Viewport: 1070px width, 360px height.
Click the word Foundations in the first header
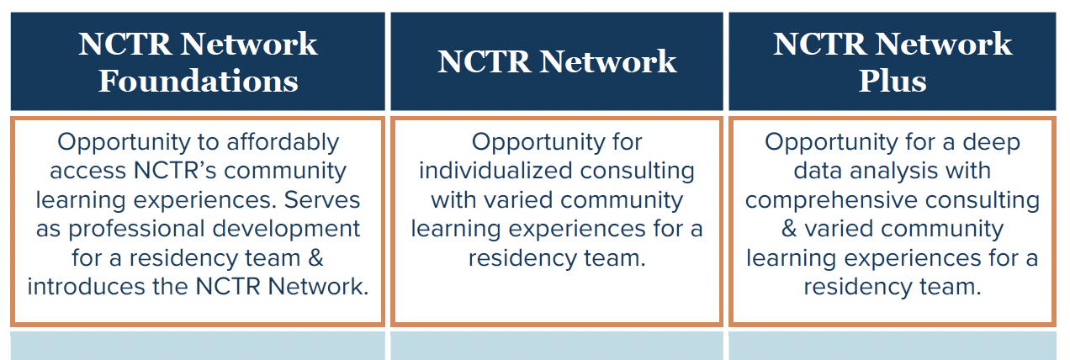click(x=198, y=82)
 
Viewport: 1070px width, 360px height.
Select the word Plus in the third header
click(x=892, y=82)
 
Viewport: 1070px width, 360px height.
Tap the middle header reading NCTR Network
click(x=557, y=61)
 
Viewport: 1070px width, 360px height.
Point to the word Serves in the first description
click(x=323, y=199)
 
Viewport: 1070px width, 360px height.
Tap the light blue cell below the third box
click(x=892, y=346)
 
